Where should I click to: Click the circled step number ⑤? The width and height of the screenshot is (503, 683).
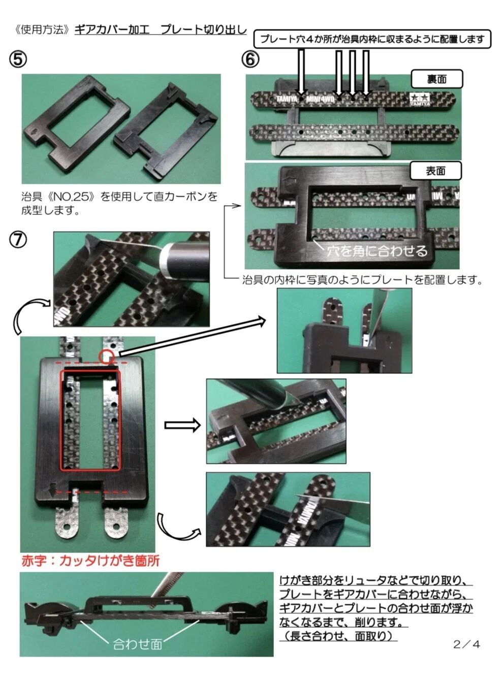pos(17,59)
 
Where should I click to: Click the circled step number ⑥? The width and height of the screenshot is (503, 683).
pos(250,59)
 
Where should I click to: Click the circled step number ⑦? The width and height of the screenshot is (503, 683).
pos(18,239)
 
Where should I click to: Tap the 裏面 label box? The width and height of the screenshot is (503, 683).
pos(436,79)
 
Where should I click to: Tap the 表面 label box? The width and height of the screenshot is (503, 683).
pos(435,171)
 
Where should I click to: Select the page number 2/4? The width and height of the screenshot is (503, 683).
pos(466,644)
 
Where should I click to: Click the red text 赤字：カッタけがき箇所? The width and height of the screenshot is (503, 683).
pos(90,561)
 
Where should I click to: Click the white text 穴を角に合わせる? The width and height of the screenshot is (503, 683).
pos(376,250)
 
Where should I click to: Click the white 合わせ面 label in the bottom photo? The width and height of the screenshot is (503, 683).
pos(137,644)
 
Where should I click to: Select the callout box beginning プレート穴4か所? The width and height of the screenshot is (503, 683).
pos(372,39)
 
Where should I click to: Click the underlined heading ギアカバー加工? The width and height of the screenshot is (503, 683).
pos(112,29)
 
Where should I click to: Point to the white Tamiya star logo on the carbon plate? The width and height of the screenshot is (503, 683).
pos(420,98)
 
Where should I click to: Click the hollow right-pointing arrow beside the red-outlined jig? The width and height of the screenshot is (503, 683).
pos(182,425)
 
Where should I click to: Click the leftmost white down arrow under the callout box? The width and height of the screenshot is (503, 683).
pos(301,71)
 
